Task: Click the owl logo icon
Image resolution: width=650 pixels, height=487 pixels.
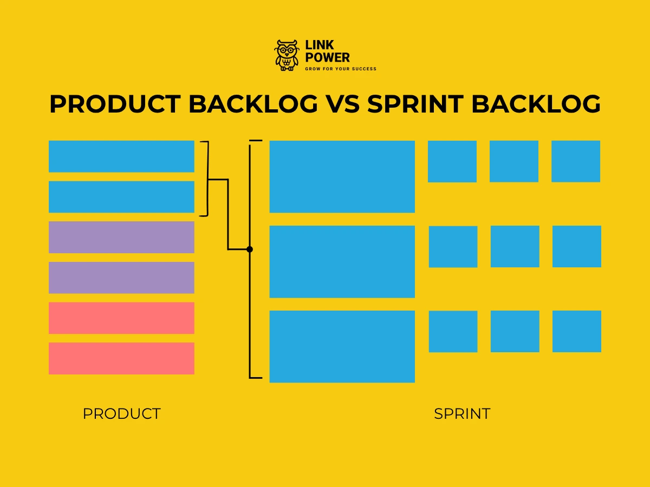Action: tap(287, 55)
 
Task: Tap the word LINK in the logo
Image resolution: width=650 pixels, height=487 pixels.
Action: tap(320, 45)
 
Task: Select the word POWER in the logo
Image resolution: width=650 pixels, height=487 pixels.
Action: tap(328, 57)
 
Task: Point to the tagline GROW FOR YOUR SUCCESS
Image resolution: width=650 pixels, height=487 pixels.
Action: tap(341, 69)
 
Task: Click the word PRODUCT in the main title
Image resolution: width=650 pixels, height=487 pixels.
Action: tap(114, 104)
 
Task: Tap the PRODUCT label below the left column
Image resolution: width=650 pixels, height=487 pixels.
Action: tap(121, 414)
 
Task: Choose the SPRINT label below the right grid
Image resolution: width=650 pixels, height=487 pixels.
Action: tap(462, 414)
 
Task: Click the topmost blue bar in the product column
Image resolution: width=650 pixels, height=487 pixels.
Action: tap(121, 156)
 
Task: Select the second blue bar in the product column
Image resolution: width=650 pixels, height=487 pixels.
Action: tap(121, 196)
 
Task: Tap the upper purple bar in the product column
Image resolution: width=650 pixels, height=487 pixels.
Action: tap(121, 237)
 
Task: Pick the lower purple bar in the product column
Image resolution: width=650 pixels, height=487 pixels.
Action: tap(121, 278)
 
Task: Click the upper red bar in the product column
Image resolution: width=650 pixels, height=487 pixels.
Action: tap(121, 318)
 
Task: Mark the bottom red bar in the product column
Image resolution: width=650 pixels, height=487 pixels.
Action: tap(121, 358)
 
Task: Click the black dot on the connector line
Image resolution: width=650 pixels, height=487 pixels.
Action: tap(250, 249)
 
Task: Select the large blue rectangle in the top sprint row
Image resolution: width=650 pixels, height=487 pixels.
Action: tap(342, 176)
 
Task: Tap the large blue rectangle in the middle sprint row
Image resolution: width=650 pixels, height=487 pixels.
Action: tap(342, 261)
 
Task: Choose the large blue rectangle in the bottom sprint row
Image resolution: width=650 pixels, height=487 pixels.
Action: tap(342, 346)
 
